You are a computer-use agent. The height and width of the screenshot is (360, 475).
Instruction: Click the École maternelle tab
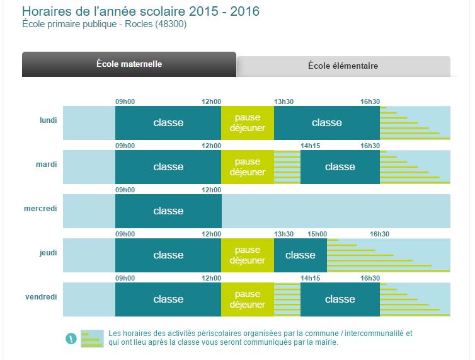coord(129,64)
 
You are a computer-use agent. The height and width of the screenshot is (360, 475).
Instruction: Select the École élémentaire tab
coord(343,66)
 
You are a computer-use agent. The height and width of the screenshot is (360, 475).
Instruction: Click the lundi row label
coord(48,120)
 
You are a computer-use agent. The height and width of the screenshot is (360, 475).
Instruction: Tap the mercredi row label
coord(40,208)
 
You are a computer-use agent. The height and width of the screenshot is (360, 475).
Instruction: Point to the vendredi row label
coord(41,296)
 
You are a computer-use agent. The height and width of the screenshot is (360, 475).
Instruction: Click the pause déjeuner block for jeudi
coord(248,255)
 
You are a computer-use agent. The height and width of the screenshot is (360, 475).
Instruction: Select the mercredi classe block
coord(168,211)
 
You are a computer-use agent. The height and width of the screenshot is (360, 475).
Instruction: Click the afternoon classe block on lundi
coord(326,123)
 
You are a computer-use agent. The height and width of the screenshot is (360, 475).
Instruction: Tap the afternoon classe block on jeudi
coord(300,255)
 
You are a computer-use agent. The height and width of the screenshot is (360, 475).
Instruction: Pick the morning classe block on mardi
coord(168,167)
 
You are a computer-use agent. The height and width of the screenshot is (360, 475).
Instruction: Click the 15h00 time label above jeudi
coord(317,234)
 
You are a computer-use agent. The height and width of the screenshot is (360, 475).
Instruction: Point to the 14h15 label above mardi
coord(311,146)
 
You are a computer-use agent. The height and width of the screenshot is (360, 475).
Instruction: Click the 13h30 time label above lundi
coord(284,102)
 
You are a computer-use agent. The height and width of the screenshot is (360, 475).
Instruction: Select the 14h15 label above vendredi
coord(311,278)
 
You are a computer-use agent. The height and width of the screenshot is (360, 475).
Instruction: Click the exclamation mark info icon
coord(71,339)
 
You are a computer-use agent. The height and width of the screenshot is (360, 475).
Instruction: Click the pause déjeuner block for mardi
coord(248,167)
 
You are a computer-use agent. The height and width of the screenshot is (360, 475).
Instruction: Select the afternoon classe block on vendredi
coord(340,299)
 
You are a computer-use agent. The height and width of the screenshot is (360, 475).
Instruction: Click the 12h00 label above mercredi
coord(211,190)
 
